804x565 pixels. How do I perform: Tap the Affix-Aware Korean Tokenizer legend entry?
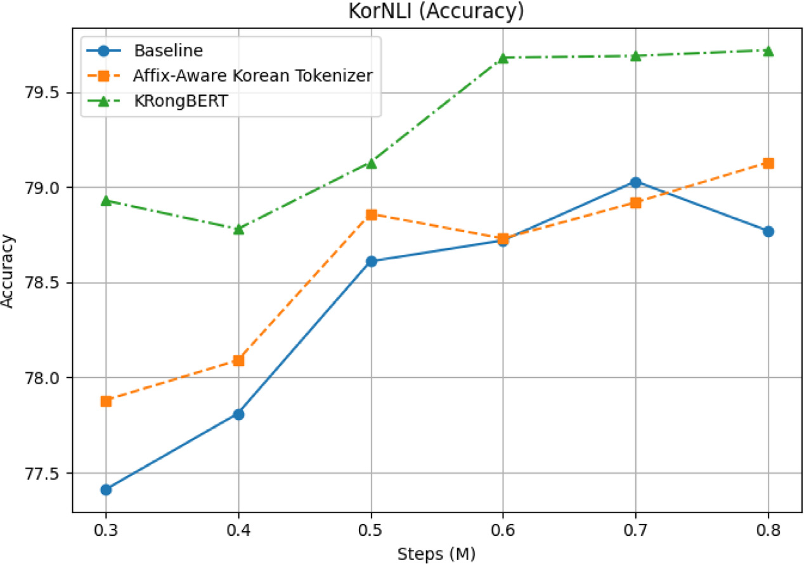tap(252, 75)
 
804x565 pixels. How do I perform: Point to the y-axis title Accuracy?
tap(8, 271)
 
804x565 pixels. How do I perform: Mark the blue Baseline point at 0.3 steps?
tap(106, 490)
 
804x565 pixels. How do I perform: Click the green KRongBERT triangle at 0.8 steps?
tap(768, 51)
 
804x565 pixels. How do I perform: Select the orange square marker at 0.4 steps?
tap(238, 360)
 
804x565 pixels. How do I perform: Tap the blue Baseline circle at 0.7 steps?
tap(635, 182)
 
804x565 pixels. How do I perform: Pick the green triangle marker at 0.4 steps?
tap(238, 229)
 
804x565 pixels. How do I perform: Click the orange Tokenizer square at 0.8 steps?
tap(768, 163)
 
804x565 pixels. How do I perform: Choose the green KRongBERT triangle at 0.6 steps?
tap(503, 58)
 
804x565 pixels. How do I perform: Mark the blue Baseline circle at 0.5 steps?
tap(371, 261)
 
